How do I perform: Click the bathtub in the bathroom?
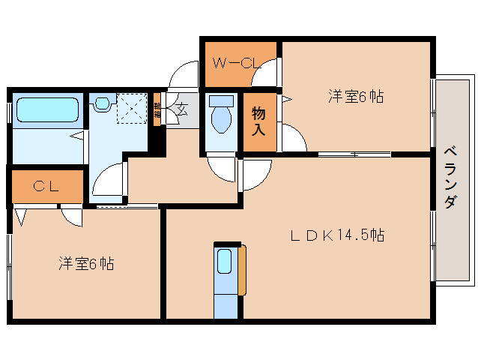click(47, 110)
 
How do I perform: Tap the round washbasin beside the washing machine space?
click(102, 104)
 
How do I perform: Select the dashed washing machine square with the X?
click(133, 109)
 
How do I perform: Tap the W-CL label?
click(235, 63)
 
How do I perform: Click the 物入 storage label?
click(258, 120)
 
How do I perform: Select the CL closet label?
click(46, 187)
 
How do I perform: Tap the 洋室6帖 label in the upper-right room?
click(355, 96)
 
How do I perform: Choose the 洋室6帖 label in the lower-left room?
click(86, 264)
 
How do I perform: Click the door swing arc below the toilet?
click(221, 169)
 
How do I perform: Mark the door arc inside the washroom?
click(109, 180)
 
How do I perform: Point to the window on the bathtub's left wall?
click(9, 111)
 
